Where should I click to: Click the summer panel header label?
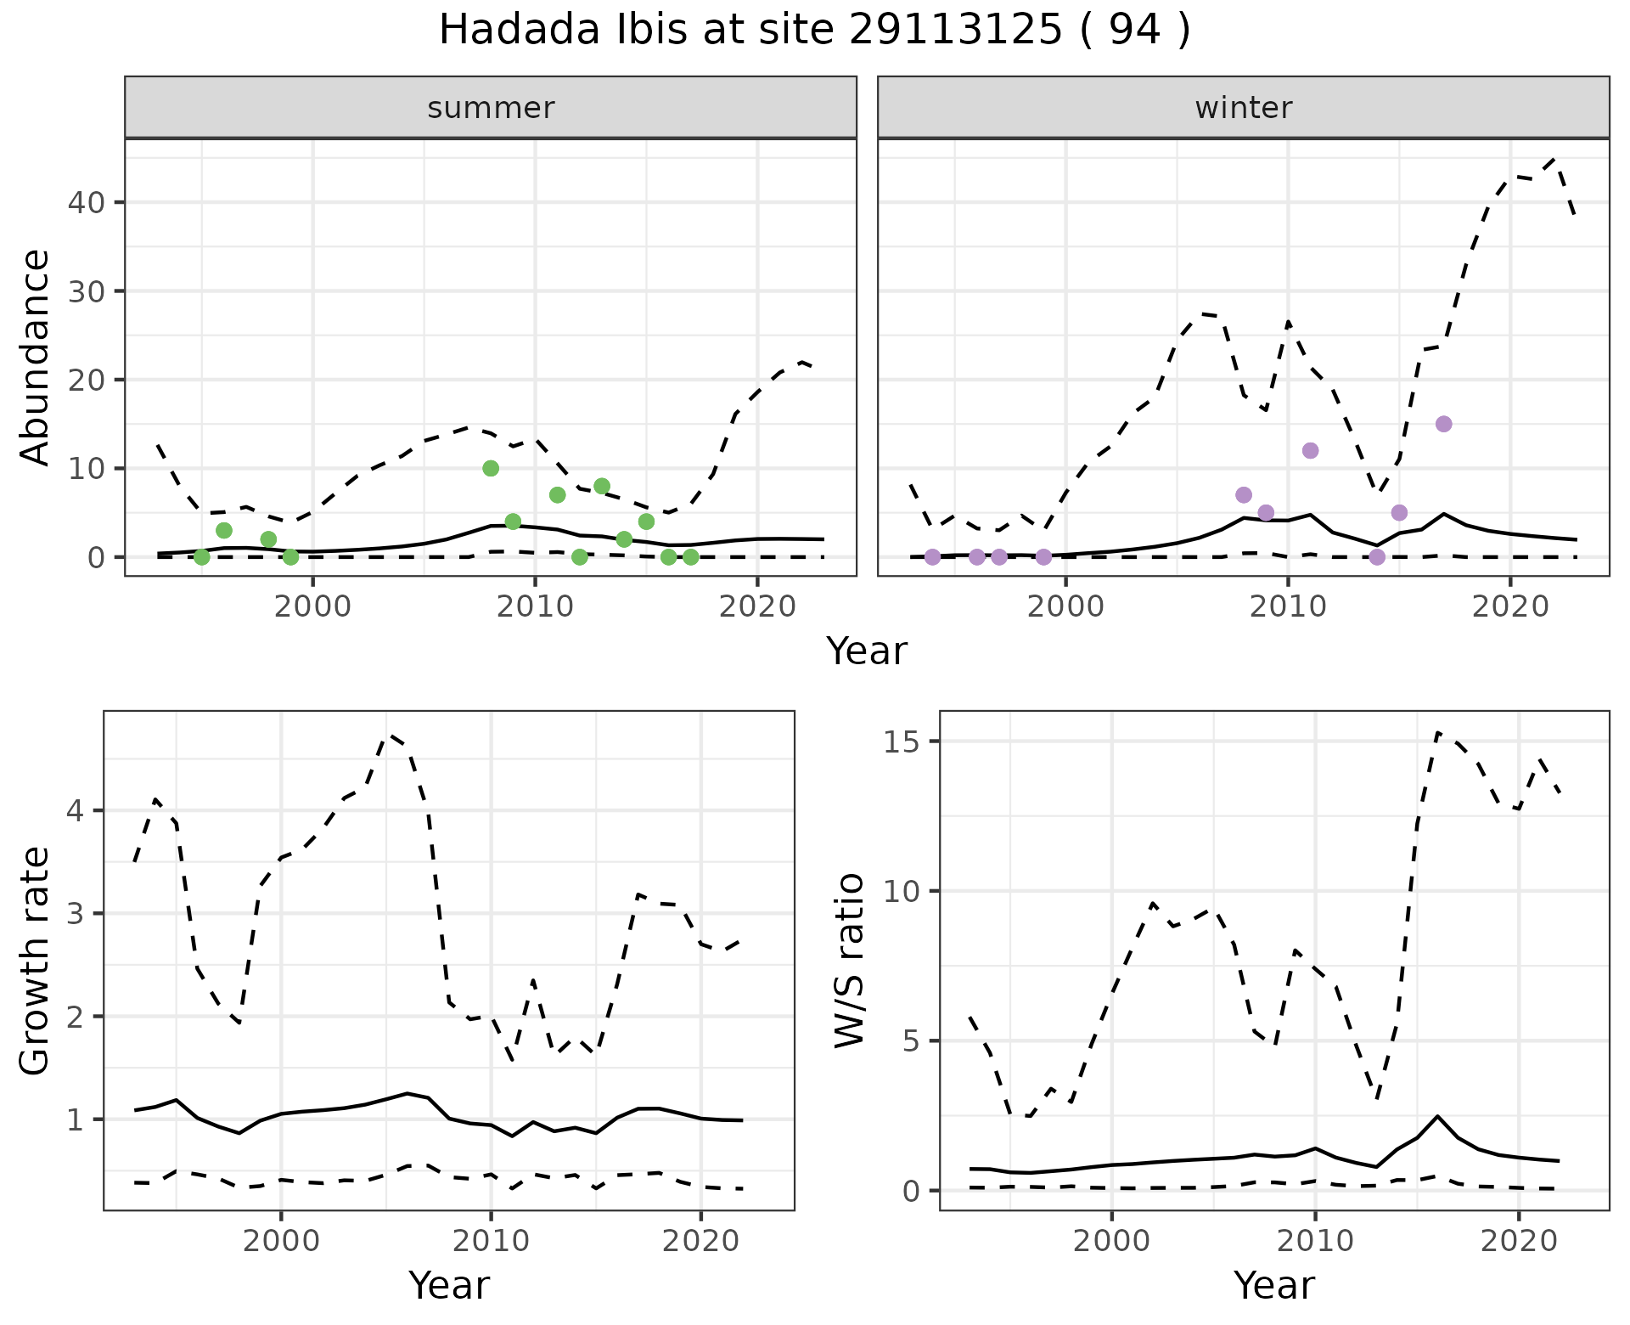(491, 108)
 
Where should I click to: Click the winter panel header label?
(1243, 108)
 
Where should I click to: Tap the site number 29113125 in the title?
(955, 31)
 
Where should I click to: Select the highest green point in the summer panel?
(491, 468)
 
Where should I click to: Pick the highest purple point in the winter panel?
(1443, 424)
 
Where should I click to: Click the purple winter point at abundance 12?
(1310, 450)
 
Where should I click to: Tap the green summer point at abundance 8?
(602, 486)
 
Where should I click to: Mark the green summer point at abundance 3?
(224, 530)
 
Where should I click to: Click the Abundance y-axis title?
(36, 357)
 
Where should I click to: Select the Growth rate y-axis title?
(36, 961)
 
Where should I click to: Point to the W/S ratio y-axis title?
(850, 961)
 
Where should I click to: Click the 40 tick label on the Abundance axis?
(87, 202)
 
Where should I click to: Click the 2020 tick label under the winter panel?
(1509, 606)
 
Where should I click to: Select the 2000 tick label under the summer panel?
(313, 606)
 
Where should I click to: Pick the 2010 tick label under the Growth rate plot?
(490, 1241)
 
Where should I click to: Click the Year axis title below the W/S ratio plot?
(1273, 1285)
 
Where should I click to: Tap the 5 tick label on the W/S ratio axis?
(911, 1041)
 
